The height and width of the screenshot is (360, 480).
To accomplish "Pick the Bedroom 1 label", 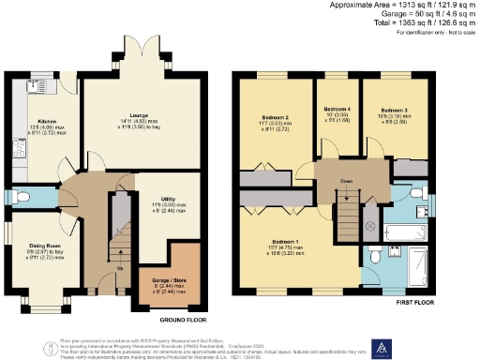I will coord(284,242).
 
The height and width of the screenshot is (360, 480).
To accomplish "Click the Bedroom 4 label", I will coord(335,110).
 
